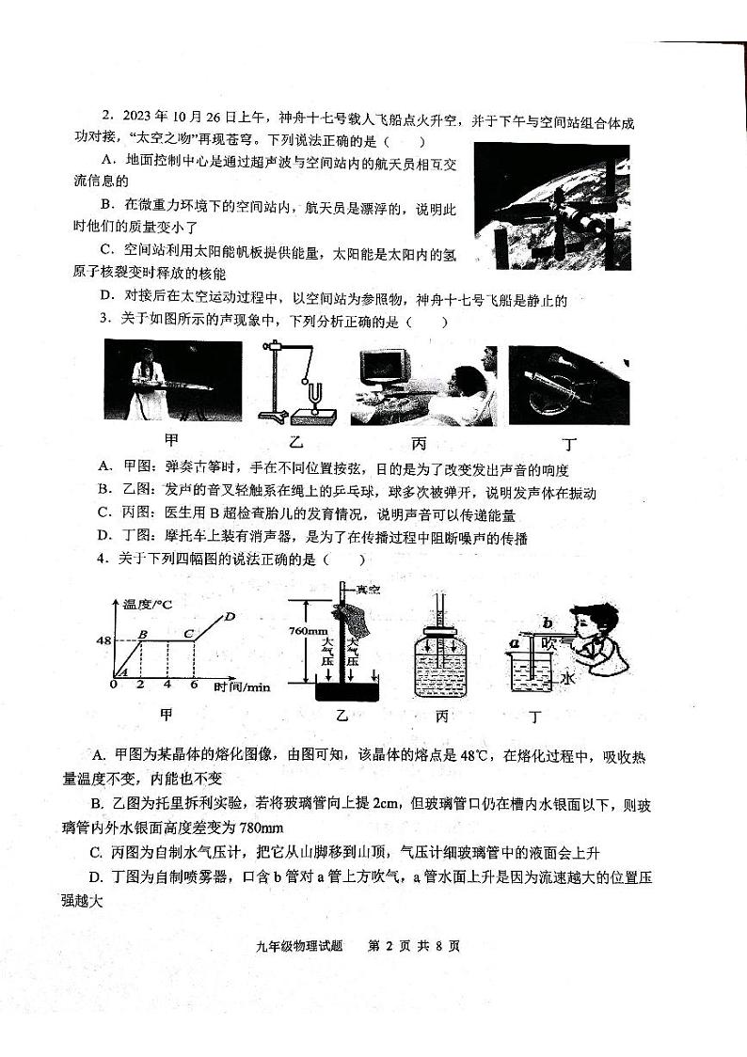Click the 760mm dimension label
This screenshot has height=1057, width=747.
(x=309, y=631)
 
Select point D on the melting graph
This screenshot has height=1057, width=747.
(x=230, y=617)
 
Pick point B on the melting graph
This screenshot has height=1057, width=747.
(x=142, y=634)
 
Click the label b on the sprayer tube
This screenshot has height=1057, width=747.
(x=547, y=622)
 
